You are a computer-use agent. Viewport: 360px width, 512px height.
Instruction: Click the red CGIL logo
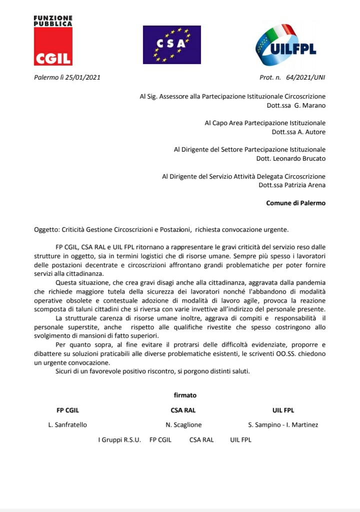pos(53,46)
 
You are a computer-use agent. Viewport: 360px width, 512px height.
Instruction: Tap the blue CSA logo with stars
pos(171,45)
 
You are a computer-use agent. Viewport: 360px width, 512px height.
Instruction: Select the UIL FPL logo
pos(286,45)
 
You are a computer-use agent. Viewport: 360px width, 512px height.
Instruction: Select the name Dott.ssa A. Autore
pos(298,132)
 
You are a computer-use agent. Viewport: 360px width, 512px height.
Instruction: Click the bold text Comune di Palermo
pos(295,203)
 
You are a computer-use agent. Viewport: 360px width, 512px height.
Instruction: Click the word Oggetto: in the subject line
pos(46,230)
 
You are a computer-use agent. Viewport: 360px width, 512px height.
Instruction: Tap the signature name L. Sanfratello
pos(67,425)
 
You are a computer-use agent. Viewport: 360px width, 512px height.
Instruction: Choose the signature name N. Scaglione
pos(183,425)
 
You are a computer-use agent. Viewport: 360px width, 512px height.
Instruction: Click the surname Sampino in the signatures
pos(268,425)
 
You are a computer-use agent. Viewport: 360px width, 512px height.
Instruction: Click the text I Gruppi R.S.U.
pos(119,440)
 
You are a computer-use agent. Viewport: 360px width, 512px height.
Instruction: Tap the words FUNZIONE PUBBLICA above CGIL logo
pos(53,21)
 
